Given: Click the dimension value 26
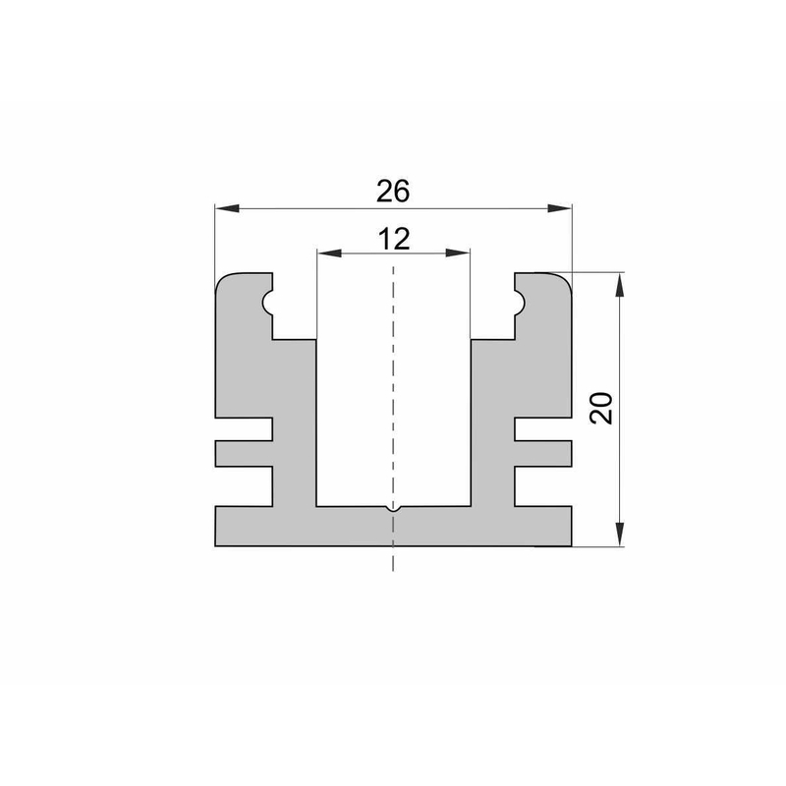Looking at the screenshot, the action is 393,191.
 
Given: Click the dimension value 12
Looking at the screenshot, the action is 394,239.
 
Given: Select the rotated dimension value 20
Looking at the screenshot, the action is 601,409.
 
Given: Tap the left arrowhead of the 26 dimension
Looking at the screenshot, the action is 227,208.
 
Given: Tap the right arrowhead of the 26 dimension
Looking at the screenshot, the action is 559,208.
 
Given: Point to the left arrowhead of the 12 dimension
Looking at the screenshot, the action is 329,253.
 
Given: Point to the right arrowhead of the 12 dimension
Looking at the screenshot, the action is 458,253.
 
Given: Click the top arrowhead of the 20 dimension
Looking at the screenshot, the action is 620,285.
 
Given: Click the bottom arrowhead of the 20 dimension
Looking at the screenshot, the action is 620,533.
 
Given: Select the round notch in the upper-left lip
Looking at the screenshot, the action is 267,303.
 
